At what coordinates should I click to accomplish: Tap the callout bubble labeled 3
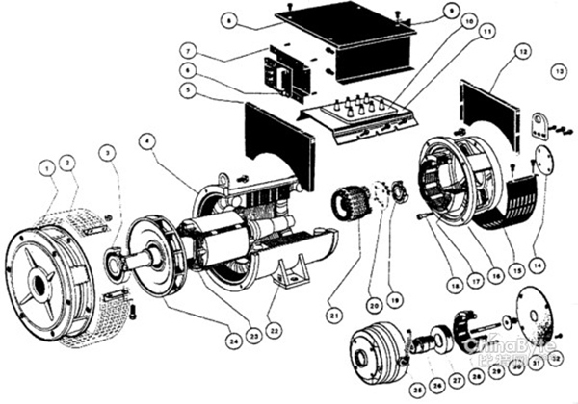click(107, 152)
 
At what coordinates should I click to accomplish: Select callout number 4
click(145, 141)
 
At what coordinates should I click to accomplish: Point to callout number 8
click(228, 18)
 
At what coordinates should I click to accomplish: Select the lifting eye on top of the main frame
click(224, 178)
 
